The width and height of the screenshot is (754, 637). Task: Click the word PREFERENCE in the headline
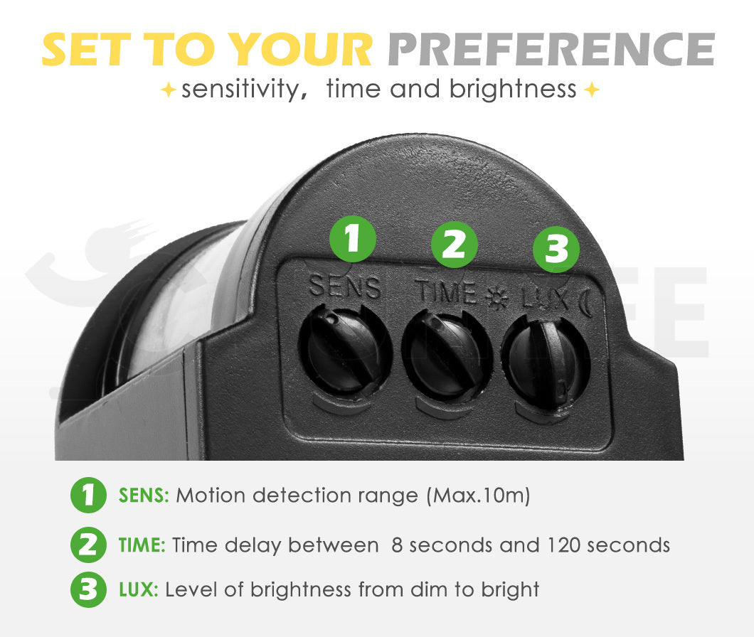pos(551,50)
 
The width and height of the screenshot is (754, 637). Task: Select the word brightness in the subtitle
pos(513,90)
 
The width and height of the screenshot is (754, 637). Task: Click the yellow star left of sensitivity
pos(168,90)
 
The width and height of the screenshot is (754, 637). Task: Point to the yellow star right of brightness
pos(592,90)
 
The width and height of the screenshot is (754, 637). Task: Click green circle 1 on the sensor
pos(353,239)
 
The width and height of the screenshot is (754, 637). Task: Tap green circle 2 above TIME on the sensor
pos(454,245)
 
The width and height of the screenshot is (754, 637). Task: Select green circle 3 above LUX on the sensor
pos(556,250)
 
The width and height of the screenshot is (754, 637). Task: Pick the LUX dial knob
pos(546,364)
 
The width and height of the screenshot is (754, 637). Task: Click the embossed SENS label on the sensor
pos(344,287)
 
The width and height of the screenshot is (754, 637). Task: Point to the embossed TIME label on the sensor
pos(446,291)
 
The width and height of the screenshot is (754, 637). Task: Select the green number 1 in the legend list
pos(88,495)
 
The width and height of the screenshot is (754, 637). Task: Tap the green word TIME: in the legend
pos(142,545)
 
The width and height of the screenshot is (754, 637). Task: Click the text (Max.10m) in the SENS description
pos(479,496)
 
